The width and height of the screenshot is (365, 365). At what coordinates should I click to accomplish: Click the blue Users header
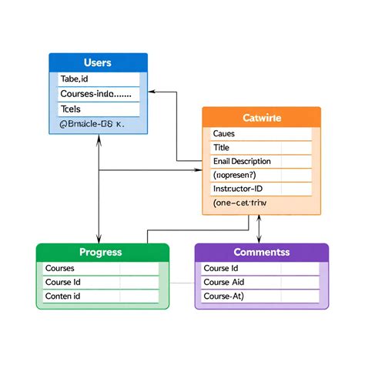point(98,62)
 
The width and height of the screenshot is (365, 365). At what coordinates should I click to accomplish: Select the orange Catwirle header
point(261,118)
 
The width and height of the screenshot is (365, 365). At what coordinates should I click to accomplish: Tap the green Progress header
point(102,252)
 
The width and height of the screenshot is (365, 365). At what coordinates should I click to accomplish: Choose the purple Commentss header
point(261,252)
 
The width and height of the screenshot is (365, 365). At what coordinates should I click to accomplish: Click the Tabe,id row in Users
point(98,79)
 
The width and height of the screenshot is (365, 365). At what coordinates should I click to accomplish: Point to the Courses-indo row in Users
point(98,94)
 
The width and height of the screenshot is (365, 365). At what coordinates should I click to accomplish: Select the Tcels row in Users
point(98,109)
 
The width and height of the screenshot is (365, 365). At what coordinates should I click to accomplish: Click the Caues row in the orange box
point(261,134)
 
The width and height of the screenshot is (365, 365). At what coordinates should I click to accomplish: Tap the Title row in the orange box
point(261,148)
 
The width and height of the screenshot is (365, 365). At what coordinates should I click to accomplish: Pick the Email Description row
point(261,162)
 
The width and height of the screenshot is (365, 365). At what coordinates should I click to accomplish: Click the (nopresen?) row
point(261,175)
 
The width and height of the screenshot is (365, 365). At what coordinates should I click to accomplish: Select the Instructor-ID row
point(261,189)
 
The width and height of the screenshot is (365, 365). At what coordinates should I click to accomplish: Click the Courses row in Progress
point(102,268)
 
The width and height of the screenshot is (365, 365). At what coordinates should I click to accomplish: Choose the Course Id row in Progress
point(102,282)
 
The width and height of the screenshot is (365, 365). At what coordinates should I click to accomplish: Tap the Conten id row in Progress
point(102,296)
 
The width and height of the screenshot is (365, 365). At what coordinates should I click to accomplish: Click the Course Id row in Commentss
point(261,268)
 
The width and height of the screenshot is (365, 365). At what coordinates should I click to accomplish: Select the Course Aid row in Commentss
point(261,282)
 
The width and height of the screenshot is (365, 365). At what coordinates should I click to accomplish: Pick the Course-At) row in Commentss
point(261,296)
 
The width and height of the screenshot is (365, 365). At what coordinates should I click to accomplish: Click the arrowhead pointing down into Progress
point(99,239)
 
